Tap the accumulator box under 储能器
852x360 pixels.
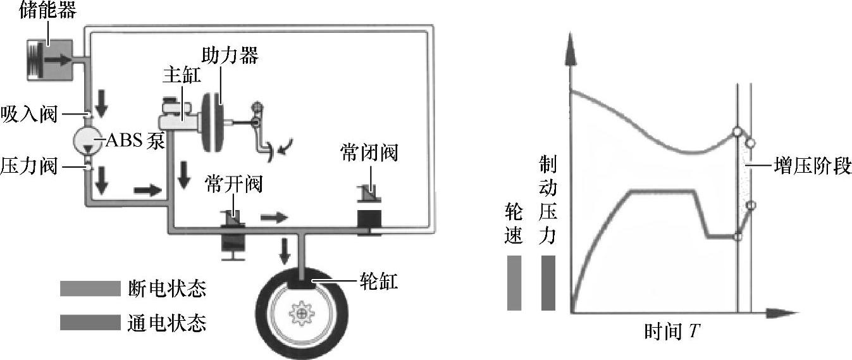52,59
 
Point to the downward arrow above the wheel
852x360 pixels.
285,251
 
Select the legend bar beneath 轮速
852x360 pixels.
514,283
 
